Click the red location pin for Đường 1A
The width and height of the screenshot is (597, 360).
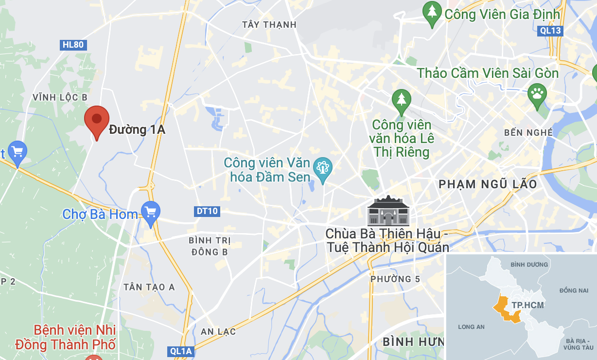pos(97,120)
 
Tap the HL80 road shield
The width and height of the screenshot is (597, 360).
pos(73,45)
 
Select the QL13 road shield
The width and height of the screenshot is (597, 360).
pos(551,31)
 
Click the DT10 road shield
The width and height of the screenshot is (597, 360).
pos(207,211)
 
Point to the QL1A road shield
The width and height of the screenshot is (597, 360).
pos(181,351)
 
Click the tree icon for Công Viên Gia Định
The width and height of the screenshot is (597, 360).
pos(432,12)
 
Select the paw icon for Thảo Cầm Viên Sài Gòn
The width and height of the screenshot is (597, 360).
pos(537,93)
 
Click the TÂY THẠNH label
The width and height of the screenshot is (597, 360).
pos(269,24)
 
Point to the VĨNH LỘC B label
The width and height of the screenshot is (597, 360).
pos(60,97)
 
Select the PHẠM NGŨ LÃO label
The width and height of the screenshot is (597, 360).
pos(488,184)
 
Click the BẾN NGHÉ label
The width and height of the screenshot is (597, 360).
pos(528,132)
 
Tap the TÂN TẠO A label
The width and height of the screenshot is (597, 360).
pos(149,287)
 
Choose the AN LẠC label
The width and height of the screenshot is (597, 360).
pos(218,332)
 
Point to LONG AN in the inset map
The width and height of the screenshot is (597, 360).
pos(471,327)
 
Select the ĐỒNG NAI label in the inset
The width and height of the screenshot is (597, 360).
pos(574,290)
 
